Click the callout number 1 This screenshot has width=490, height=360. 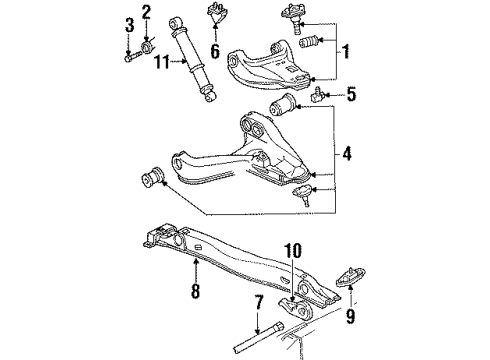click(x=347, y=51)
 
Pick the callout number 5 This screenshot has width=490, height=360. click(x=349, y=98)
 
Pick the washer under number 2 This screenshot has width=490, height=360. click(x=147, y=45)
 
